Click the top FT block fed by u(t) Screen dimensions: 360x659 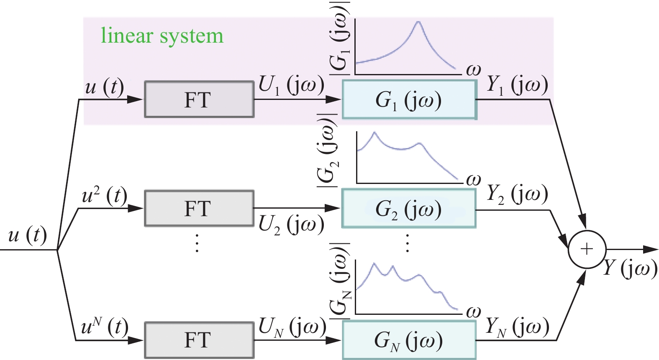pyautogui.click(x=199, y=100)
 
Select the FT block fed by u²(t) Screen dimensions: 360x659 pyautogui.click(x=199, y=208)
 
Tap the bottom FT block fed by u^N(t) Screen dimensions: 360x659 pyautogui.click(x=199, y=340)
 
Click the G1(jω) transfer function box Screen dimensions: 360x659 pyautogui.click(x=409, y=100)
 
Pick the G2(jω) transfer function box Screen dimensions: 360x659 pyautogui.click(x=409, y=209)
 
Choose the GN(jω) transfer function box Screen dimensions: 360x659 pyautogui.click(x=409, y=340)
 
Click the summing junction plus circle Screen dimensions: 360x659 pyautogui.click(x=587, y=249)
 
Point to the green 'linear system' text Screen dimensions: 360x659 pyautogui.click(x=162, y=36)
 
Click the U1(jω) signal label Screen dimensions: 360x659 pyautogui.click(x=291, y=85)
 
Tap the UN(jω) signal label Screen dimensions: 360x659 pyautogui.click(x=292, y=327)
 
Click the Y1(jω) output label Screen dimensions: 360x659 pyautogui.click(x=517, y=85)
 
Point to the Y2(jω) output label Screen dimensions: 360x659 pyautogui.click(x=517, y=194)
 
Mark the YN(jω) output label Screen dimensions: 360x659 pyautogui.click(x=517, y=327)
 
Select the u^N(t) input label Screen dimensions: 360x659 pyautogui.click(x=105, y=327)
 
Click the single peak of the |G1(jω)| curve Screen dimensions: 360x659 pyautogui.click(x=418, y=21)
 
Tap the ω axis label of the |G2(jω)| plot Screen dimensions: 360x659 pyautogui.click(x=473, y=180)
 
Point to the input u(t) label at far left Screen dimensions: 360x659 pyautogui.click(x=28, y=235)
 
